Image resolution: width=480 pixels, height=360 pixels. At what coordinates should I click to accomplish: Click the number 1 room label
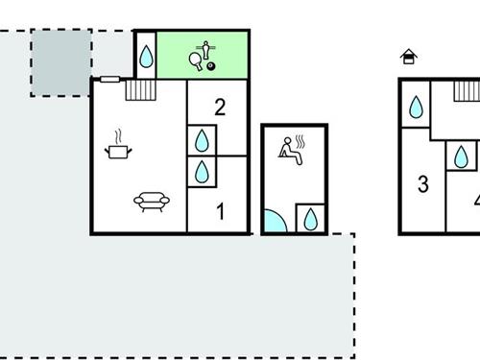(220, 211)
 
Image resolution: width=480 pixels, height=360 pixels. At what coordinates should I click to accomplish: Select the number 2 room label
(220, 107)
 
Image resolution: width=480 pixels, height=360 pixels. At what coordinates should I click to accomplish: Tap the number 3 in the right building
(423, 184)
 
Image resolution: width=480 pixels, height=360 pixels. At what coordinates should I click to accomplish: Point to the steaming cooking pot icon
(118, 146)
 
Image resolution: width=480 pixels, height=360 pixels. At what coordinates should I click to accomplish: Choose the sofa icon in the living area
(152, 202)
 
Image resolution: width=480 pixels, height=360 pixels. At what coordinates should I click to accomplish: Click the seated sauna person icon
(292, 149)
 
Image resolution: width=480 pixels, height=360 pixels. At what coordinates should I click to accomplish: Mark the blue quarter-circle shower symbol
(274, 222)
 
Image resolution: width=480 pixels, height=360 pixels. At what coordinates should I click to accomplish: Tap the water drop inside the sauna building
(310, 219)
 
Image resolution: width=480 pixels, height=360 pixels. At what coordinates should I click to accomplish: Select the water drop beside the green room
(145, 57)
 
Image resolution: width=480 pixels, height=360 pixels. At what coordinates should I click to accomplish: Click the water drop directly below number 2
(203, 141)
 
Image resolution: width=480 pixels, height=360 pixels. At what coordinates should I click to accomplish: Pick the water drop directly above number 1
(203, 173)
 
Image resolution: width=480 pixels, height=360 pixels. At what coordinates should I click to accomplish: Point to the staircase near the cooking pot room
(140, 89)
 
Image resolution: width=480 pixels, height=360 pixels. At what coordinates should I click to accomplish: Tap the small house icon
(409, 57)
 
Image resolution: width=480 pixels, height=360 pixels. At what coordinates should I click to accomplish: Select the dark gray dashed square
(61, 62)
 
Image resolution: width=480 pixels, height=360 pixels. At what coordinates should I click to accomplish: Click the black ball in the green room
(211, 66)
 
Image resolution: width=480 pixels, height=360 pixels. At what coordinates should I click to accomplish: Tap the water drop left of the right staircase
(416, 107)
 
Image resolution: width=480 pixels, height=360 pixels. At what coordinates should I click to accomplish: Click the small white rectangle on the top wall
(109, 79)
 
